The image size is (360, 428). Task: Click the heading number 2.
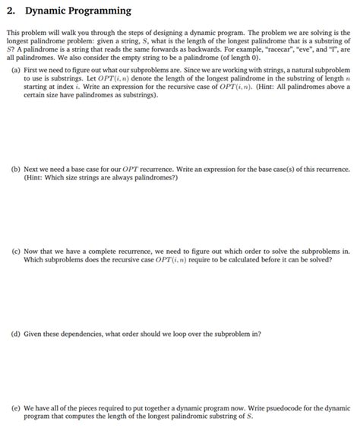pyautogui.click(x=10, y=11)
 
